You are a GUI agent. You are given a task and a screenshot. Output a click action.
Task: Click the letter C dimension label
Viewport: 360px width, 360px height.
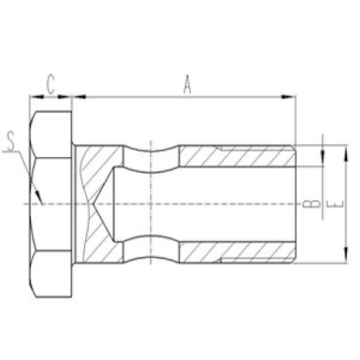coord(50,84)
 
